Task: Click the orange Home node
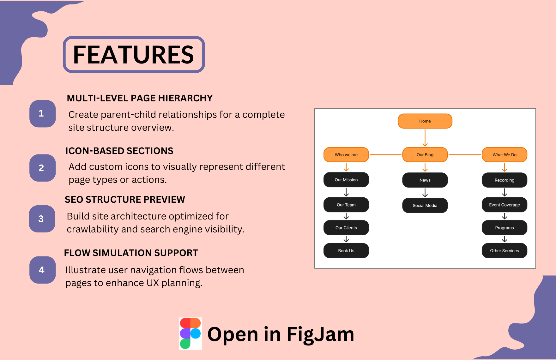[x=425, y=121]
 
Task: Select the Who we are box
[x=346, y=155]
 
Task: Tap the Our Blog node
[x=425, y=155]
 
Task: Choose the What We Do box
[x=505, y=155]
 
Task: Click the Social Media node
[x=425, y=206]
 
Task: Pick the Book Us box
[x=346, y=251]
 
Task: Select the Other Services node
[x=505, y=251]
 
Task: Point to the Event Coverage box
[x=505, y=205]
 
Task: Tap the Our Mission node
[x=346, y=180]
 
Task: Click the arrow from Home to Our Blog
[x=425, y=138]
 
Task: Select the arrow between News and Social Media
[x=425, y=193]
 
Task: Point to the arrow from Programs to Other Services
[x=505, y=239]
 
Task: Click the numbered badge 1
[x=42, y=114]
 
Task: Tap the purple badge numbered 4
[x=42, y=270]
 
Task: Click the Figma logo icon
[x=190, y=333]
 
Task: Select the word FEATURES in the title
[x=134, y=55]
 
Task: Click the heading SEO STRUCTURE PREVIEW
[x=125, y=200]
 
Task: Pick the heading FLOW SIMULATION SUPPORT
[x=131, y=253]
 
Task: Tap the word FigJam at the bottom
[x=320, y=334]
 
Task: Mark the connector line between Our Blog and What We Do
[x=465, y=155]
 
